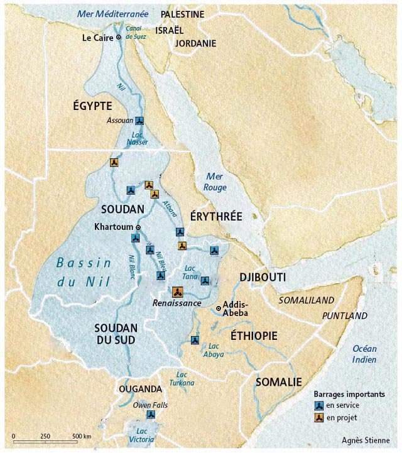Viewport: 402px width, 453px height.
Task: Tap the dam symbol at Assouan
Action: tap(139, 121)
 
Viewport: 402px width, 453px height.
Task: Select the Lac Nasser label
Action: tap(139, 138)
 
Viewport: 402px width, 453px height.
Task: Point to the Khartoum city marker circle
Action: tap(139, 227)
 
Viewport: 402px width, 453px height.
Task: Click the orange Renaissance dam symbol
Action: tap(177, 292)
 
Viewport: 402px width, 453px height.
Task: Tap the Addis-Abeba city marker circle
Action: tap(219, 308)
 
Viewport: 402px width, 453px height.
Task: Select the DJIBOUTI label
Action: tap(263, 277)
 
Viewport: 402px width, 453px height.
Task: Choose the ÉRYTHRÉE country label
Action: tap(215, 216)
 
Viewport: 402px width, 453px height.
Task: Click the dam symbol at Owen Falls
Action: tap(149, 414)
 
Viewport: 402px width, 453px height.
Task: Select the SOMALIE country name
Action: tap(278, 381)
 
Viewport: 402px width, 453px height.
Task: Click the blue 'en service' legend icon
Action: tap(320, 406)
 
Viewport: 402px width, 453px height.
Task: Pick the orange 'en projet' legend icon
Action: tap(320, 418)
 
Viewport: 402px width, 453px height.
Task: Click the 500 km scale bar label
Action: tap(81, 436)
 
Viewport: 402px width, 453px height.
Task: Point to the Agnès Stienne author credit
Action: tap(366, 440)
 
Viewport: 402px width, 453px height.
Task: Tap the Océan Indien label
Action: tap(364, 354)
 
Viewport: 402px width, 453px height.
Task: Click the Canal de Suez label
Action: tap(136, 33)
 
